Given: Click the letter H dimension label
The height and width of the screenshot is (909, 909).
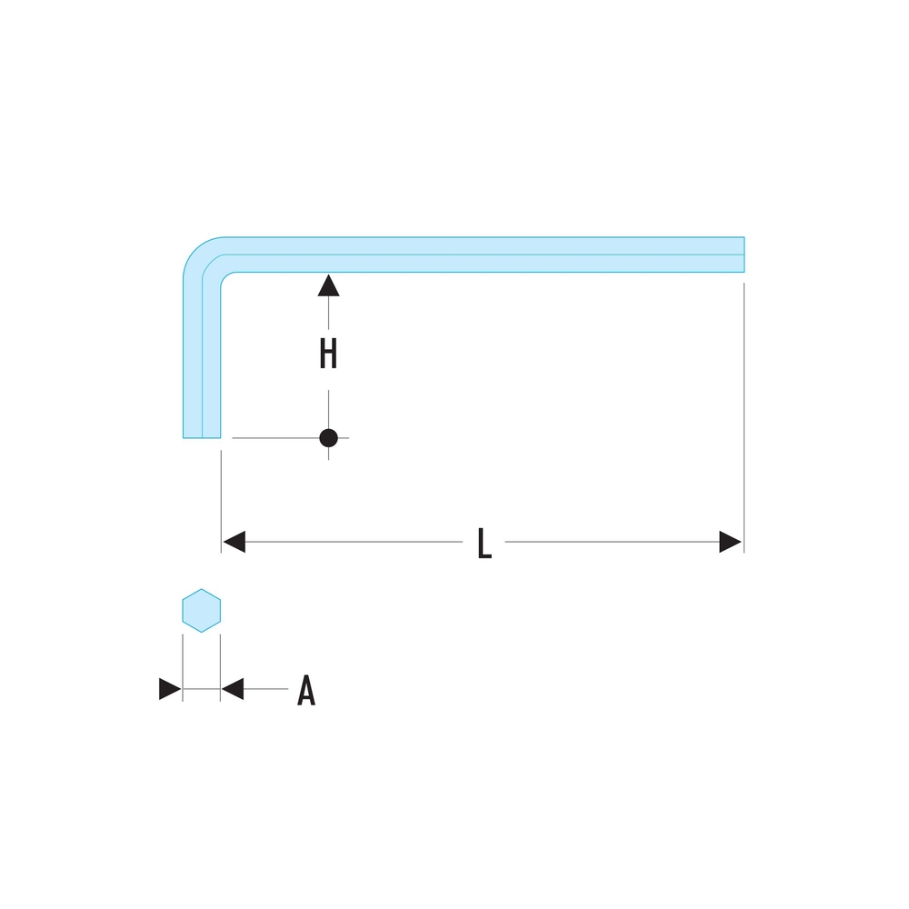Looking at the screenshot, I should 328,355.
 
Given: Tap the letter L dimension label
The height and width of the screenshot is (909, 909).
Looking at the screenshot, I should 484,544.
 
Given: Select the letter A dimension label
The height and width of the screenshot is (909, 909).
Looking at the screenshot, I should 306,691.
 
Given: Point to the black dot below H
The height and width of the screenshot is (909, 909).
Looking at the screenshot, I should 328,438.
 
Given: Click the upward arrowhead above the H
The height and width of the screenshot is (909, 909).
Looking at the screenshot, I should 328,285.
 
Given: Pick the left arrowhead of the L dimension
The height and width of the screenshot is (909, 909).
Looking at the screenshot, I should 234,542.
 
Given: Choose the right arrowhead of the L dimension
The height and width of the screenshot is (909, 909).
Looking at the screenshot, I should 730,542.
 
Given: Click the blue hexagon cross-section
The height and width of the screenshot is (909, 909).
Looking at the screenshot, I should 201,610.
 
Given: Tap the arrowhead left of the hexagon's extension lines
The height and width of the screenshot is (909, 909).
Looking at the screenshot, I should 170,689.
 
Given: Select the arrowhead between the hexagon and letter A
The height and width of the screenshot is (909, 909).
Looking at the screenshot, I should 233,689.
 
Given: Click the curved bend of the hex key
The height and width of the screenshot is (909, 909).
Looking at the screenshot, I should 205,257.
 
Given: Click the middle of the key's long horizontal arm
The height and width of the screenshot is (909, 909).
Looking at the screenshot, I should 482,254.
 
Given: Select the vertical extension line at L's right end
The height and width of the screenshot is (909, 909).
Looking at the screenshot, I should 744,409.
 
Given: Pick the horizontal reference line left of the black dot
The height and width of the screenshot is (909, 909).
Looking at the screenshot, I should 273,438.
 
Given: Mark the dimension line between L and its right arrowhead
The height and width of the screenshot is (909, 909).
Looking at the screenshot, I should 609,543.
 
